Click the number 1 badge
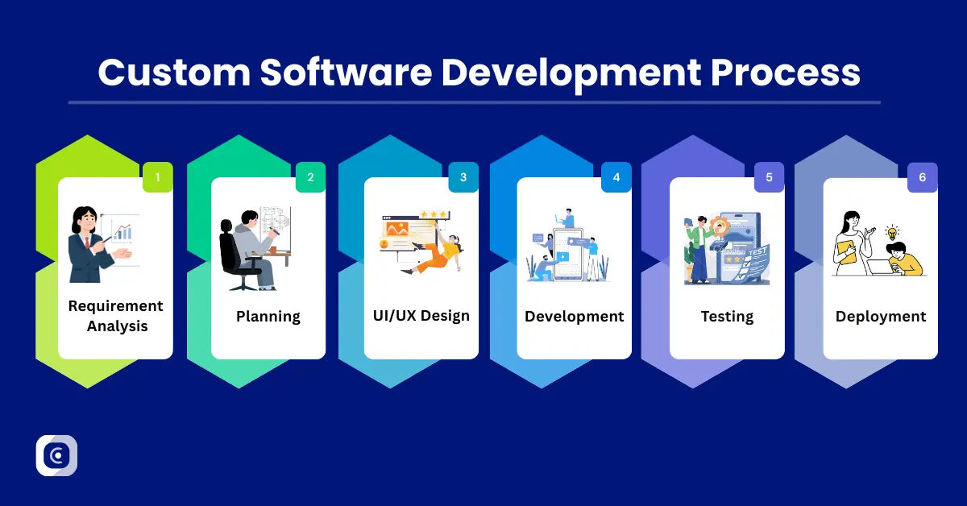[x=158, y=177]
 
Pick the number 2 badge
[x=310, y=177]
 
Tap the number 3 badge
[x=463, y=177]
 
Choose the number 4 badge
[x=616, y=177]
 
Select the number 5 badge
[x=769, y=177]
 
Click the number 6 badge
[x=922, y=177]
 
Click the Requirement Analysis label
[x=115, y=316]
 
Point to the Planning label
[x=268, y=317]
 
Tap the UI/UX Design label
[x=421, y=315]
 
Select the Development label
[x=574, y=317]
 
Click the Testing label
[x=727, y=317]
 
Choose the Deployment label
[x=880, y=317]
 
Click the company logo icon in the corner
[x=56, y=455]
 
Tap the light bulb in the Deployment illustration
[x=892, y=234]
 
